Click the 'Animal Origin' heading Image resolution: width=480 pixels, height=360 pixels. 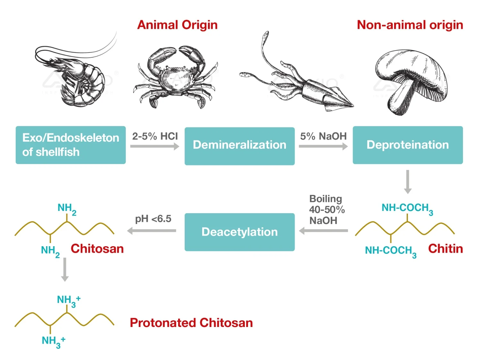click(x=177, y=25)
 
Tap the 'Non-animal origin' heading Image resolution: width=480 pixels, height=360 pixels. click(x=410, y=25)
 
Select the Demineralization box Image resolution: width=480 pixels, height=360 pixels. click(x=239, y=146)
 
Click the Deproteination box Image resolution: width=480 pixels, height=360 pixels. click(x=408, y=145)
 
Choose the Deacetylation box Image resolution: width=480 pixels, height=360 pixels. click(x=239, y=232)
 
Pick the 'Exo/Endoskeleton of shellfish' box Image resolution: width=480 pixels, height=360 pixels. click(x=70, y=145)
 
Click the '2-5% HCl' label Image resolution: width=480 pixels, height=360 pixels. click(x=155, y=136)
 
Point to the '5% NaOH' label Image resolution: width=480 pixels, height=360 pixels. click(x=323, y=136)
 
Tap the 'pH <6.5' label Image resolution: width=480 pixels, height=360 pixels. click(x=153, y=219)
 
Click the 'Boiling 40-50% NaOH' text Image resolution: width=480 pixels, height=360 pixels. click(x=327, y=210)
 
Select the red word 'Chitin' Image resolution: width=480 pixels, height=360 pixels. click(x=445, y=249)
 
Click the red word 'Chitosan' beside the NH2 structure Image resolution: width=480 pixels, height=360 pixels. click(x=97, y=249)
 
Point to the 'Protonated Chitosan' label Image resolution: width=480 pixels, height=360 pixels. click(x=191, y=323)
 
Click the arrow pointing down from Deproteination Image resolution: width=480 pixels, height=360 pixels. click(x=408, y=181)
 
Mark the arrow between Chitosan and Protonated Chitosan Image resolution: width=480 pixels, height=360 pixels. click(x=65, y=269)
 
